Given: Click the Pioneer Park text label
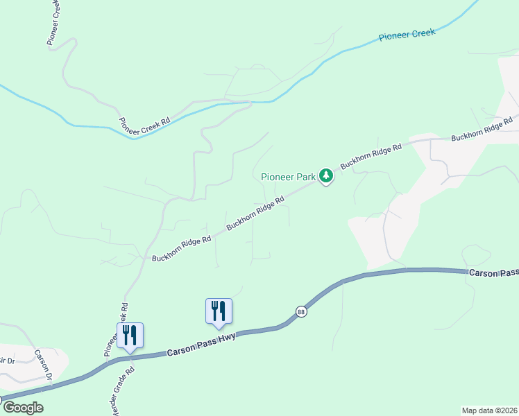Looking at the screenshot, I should coord(288,177).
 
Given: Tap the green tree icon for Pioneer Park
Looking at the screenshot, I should coord(326,177).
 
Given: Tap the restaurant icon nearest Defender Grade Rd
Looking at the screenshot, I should coord(130,336).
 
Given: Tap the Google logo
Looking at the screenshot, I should coord(23,408).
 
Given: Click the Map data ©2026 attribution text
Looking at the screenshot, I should coord(489,410).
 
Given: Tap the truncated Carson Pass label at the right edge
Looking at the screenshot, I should coord(493,273).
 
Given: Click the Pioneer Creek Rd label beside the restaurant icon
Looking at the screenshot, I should coord(117,330).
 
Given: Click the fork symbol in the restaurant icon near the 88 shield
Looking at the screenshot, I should coord(214,309).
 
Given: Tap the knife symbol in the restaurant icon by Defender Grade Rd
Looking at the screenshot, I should coord(134,335).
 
